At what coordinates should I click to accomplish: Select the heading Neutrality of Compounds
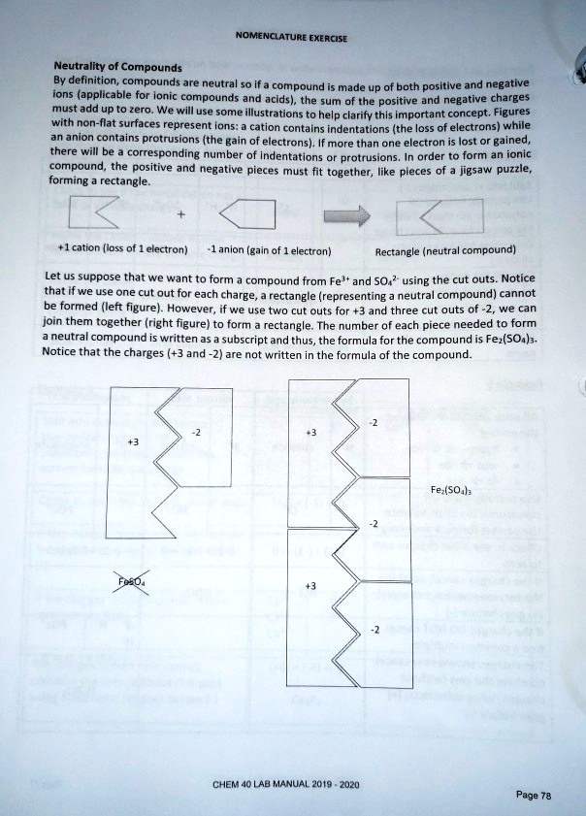click(117, 68)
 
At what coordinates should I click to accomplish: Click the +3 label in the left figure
click(133, 441)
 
